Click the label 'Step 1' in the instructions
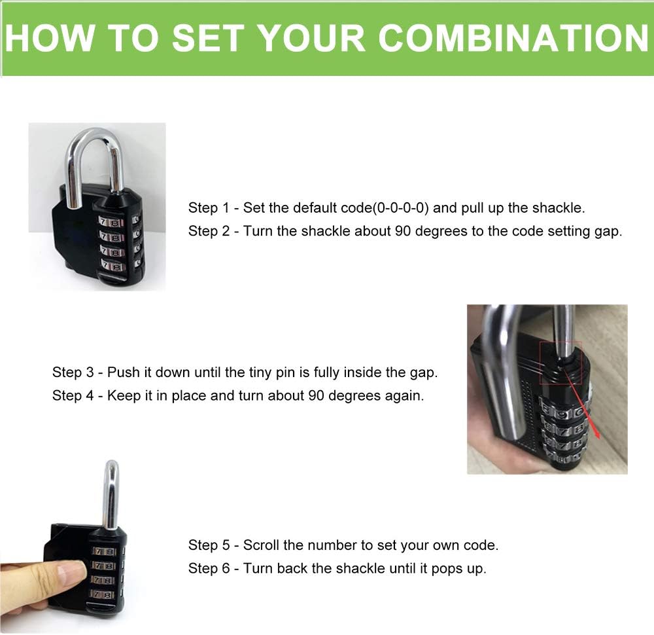[x=209, y=208]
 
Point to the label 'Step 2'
[x=209, y=231]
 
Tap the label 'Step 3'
[x=73, y=372]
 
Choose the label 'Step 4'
[x=73, y=395]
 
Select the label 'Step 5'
[x=209, y=545]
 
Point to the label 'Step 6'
[x=209, y=568]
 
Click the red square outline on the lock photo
[x=560, y=361]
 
